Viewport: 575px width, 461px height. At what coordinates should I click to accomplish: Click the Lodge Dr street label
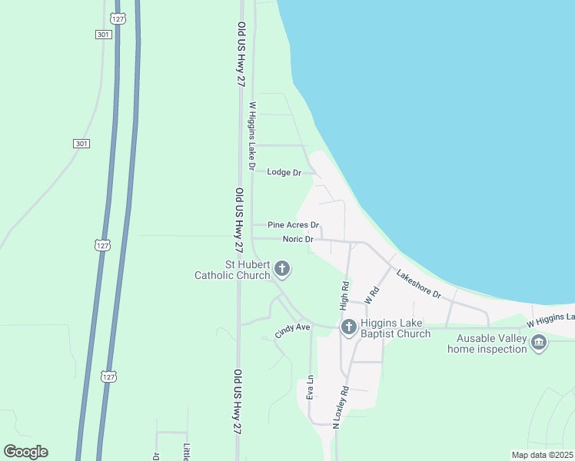pyautogui.click(x=284, y=172)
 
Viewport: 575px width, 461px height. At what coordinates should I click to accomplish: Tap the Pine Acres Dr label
pyautogui.click(x=293, y=225)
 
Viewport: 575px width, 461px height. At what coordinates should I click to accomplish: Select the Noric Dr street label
pyautogui.click(x=298, y=239)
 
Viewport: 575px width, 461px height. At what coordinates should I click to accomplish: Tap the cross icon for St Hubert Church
pyautogui.click(x=282, y=269)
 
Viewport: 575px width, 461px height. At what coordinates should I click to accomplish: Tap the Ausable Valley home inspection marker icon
pyautogui.click(x=539, y=342)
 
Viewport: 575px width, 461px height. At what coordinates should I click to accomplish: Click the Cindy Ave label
pyautogui.click(x=292, y=331)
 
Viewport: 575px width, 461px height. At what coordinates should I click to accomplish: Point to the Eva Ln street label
pyautogui.click(x=311, y=387)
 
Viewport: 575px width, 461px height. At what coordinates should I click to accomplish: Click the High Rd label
pyautogui.click(x=345, y=294)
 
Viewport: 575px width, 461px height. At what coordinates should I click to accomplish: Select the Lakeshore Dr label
pyautogui.click(x=418, y=284)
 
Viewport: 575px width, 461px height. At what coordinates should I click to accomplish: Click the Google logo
pyautogui.click(x=25, y=452)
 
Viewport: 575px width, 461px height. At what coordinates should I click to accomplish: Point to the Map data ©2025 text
pyautogui.click(x=541, y=454)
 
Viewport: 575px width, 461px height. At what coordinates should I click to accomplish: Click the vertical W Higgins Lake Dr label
pyautogui.click(x=251, y=136)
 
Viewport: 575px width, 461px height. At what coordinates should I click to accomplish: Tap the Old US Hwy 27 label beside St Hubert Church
pyautogui.click(x=240, y=222)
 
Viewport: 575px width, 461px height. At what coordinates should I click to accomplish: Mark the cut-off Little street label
pyautogui.click(x=186, y=453)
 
